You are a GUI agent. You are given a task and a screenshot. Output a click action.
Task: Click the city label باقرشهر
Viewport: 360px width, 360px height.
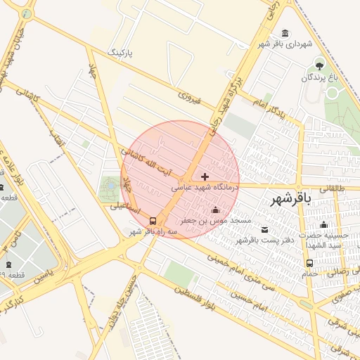(291, 200)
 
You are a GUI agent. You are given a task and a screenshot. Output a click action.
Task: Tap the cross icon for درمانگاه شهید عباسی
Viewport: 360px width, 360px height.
(205, 176)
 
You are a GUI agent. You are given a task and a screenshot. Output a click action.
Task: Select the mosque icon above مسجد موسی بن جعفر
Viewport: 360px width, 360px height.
(215, 210)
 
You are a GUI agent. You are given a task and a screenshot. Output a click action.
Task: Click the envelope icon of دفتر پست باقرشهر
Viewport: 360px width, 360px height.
(264, 230)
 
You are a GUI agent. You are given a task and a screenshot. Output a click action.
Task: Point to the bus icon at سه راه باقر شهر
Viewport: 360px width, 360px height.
(154, 220)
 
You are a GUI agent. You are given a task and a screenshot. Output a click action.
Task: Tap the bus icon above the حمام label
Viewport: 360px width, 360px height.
(309, 264)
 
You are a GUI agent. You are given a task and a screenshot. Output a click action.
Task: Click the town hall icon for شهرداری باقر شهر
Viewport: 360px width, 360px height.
(285, 34)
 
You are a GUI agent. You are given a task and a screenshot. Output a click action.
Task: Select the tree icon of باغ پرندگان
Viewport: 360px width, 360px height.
(319, 66)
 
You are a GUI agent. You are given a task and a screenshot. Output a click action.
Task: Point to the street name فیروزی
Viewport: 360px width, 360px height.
(189, 97)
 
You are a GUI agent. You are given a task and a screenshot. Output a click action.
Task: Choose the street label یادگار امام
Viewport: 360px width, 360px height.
(269, 106)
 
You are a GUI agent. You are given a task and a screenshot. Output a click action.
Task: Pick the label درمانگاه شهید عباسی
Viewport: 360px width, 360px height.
(205, 188)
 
